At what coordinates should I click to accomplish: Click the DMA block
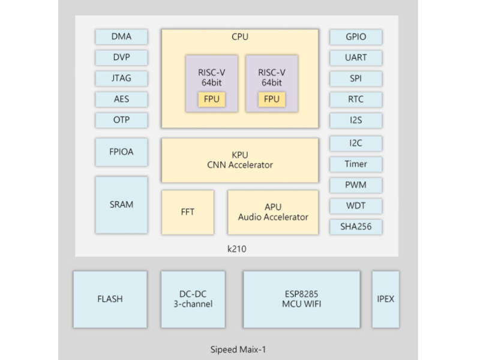click(122, 37)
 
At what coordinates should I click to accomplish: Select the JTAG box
click(122, 79)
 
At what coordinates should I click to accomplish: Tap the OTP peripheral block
click(122, 120)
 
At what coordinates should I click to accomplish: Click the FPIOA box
click(122, 152)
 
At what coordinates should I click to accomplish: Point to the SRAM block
click(122, 205)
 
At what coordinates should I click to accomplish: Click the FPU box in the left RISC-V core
click(212, 100)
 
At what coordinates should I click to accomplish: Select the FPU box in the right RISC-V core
click(272, 100)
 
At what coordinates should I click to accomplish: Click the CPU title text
click(240, 37)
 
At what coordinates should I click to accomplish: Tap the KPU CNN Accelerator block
click(240, 160)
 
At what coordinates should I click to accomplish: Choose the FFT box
click(188, 212)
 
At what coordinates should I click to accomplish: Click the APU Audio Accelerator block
click(273, 212)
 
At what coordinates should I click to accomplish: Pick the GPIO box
click(356, 37)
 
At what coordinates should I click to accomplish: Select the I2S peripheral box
click(356, 121)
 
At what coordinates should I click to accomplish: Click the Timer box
click(356, 164)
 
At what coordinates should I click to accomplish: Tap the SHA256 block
click(356, 227)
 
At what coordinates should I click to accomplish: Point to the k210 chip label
click(236, 249)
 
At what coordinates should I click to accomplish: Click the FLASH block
click(110, 299)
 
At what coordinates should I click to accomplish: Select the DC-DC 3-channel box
click(193, 299)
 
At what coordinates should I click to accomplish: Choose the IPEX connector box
click(385, 299)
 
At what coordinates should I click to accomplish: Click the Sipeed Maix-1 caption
click(238, 350)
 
